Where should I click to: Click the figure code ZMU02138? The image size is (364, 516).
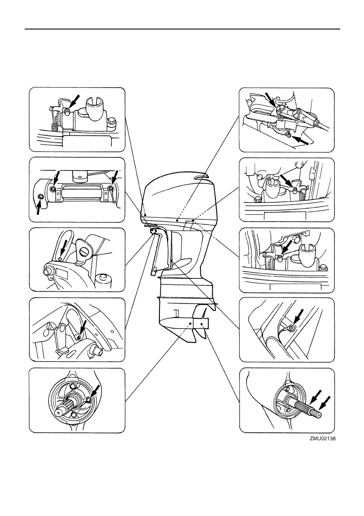322,438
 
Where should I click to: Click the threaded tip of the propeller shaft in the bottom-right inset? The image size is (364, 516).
319,413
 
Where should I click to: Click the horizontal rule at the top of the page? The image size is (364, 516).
182,29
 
